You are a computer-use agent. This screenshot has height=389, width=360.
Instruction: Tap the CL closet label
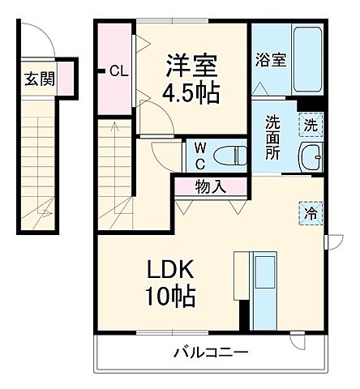click(118, 71)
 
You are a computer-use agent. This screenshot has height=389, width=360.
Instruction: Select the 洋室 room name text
click(191, 62)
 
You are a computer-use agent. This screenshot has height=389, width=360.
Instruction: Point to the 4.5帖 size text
click(193, 92)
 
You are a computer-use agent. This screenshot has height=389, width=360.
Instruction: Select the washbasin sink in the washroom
click(311, 156)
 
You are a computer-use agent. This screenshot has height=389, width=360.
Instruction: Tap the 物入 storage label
click(210, 187)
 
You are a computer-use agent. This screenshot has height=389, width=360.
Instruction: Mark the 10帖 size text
click(172, 298)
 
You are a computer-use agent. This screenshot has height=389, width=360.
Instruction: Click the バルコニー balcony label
click(210, 353)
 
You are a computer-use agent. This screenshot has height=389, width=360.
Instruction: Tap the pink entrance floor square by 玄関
click(66, 79)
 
